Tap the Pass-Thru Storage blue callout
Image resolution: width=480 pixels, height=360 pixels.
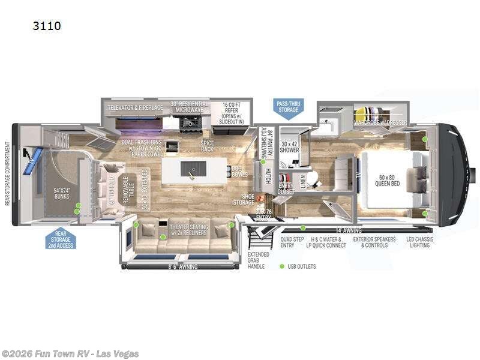point(288,106)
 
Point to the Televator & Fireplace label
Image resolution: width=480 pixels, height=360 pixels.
point(135,108)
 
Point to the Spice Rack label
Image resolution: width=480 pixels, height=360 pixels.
point(207,146)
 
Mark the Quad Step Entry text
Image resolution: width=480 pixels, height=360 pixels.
point(291,242)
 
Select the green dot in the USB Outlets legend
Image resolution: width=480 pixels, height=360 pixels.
point(281,266)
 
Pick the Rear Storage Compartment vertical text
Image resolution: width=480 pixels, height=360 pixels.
point(7,173)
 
